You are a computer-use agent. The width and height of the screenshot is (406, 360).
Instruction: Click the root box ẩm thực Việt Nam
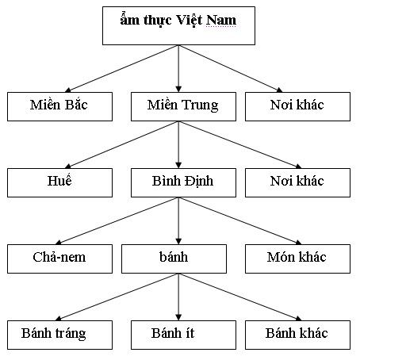pyautogui.click(x=178, y=25)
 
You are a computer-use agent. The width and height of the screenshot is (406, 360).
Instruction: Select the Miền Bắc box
pyautogui.click(x=60, y=106)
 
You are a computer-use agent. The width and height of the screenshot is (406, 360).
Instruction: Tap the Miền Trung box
pyautogui.click(x=183, y=106)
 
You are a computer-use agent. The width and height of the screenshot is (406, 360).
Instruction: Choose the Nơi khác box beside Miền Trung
pyautogui.click(x=297, y=106)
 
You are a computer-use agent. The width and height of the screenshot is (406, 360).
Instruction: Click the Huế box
pyautogui.click(x=60, y=182)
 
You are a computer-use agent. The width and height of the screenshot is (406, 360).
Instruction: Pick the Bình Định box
pyautogui.click(x=183, y=182)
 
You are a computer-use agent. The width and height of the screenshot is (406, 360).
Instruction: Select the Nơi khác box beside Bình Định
pyautogui.click(x=297, y=182)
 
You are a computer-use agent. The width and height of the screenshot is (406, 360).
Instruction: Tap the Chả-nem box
pyautogui.click(x=60, y=258)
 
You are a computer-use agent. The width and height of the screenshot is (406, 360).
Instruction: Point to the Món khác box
pyautogui.click(x=297, y=258)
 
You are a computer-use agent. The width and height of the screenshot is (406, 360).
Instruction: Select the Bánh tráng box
pyautogui.click(x=60, y=334)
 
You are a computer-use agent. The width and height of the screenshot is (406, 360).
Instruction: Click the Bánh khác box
pyautogui.click(x=297, y=334)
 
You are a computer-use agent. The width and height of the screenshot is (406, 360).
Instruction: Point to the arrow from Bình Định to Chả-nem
pyautogui.click(x=119, y=220)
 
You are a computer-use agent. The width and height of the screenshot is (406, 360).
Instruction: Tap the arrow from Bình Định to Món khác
pyautogui.click(x=238, y=220)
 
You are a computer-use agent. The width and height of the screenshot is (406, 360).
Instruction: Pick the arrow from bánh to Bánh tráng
pyautogui.click(x=119, y=297)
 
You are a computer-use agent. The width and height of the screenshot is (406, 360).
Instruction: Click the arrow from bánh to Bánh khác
pyautogui.click(x=238, y=297)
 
